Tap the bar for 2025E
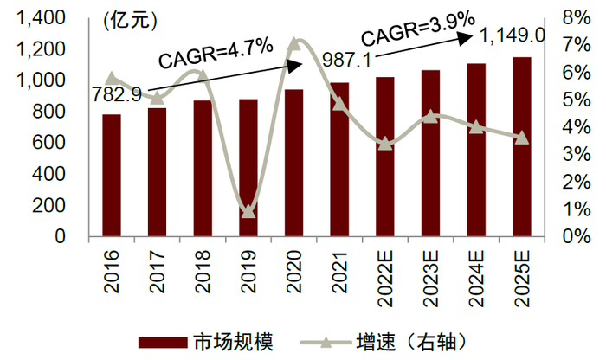521,147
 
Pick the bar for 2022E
385,157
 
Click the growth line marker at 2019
248,211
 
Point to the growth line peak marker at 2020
293,42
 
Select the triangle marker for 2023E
430,116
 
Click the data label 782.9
119,94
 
